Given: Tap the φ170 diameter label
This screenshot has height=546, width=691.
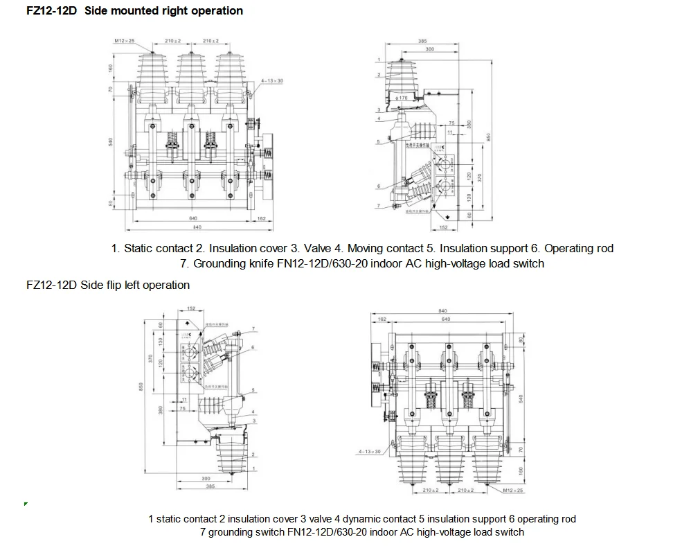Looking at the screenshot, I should tap(402, 98).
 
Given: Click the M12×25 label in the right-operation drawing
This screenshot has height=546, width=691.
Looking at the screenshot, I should tap(125, 42).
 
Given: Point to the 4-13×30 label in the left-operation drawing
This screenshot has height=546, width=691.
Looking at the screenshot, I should tap(370, 452).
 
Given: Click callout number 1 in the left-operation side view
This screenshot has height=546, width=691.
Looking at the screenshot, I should tap(254, 469).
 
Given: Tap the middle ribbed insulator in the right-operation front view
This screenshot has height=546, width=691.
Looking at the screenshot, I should tap(188, 70).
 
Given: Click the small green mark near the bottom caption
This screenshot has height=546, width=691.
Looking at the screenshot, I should tap(26, 504).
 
